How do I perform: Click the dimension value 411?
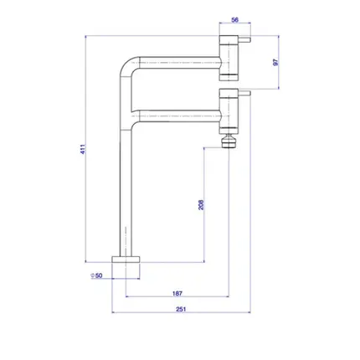point(83,150)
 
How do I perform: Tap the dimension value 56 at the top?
point(235,20)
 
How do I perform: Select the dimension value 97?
point(276,62)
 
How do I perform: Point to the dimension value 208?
point(201,205)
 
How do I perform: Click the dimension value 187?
point(177,293)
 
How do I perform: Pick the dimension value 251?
point(181,309)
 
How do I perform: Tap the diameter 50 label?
point(97,275)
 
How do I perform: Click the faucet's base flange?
point(126,260)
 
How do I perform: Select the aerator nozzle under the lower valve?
point(229,141)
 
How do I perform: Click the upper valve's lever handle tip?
point(249,39)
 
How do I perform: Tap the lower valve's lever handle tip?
point(249,93)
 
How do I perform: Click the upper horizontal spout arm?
point(179,63)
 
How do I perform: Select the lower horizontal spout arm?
point(179,116)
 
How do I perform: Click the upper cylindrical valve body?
point(229,58)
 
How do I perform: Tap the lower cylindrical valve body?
point(229,111)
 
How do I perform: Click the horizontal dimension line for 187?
point(177,296)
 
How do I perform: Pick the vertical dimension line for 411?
point(85,149)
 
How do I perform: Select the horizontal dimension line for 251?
point(181,312)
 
